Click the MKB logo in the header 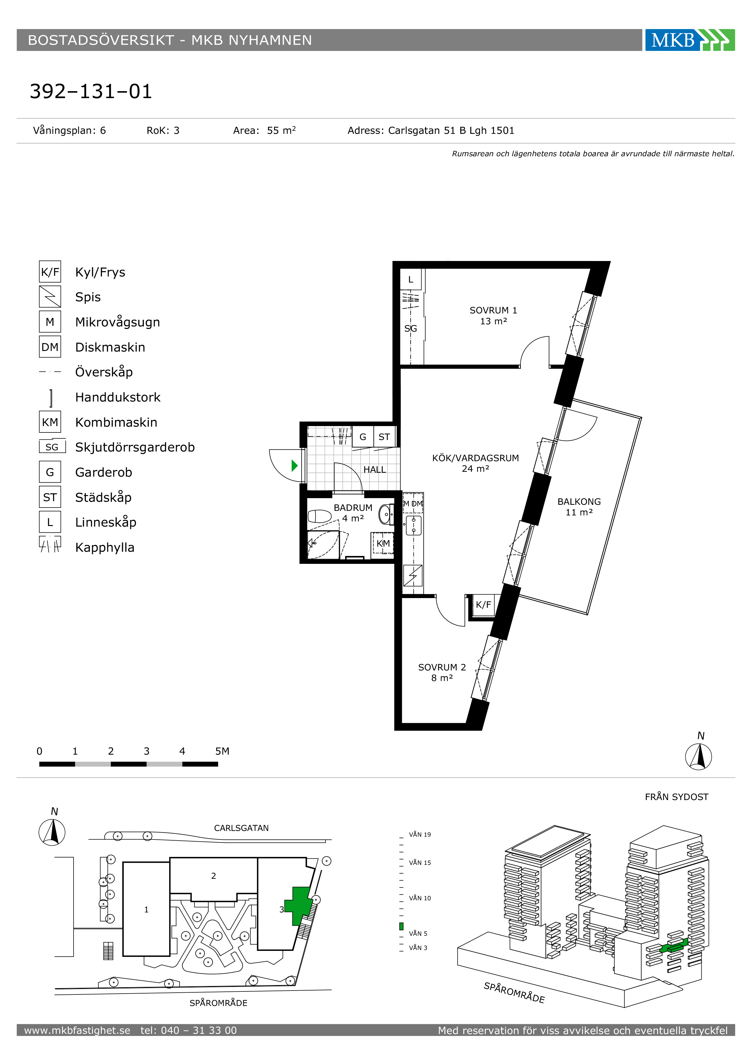point(690,40)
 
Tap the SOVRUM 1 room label point(493,310)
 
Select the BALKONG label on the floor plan point(579,501)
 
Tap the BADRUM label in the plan point(353,508)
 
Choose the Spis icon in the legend point(50,296)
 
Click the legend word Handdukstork point(118,397)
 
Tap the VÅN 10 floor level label point(420,898)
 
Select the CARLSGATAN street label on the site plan point(241,828)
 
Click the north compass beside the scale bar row point(698,756)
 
